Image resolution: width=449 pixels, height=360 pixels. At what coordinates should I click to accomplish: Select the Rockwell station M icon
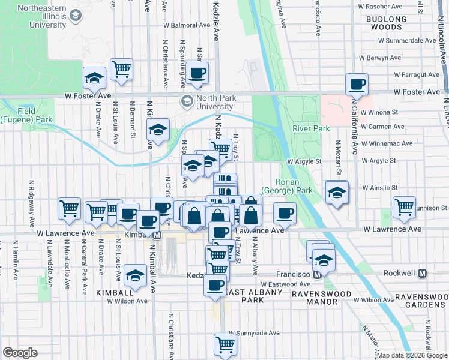coord(422,274)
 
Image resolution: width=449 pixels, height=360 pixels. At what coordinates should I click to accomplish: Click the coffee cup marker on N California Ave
coord(357,84)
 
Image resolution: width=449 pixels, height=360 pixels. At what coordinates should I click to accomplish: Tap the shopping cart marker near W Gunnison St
coord(405,207)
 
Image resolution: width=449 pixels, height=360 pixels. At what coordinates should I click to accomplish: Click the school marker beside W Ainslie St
coord(336,192)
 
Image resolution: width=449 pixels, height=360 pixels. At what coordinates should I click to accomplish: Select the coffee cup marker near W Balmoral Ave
coord(197,73)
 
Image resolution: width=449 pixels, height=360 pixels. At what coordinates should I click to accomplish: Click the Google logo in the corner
coord(20,353)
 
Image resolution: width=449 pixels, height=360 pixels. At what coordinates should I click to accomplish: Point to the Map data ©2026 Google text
coord(412,355)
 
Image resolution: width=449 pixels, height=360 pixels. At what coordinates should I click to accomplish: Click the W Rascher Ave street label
coord(402,7)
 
